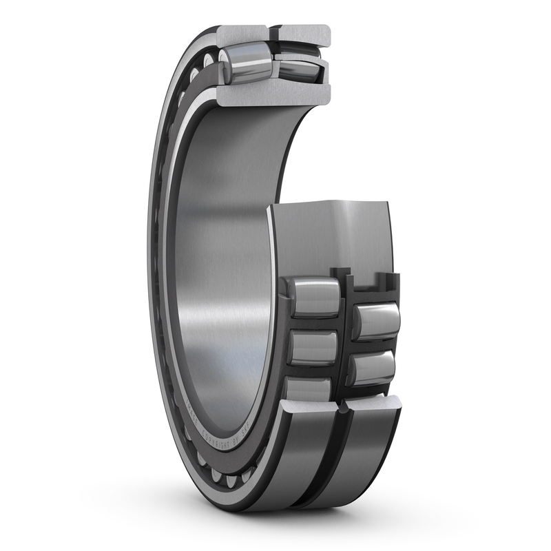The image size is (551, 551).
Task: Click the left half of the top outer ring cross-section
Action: (242, 34)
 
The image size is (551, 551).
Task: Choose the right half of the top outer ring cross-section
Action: (304, 33)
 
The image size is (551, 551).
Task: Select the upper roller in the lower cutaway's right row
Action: (376, 320)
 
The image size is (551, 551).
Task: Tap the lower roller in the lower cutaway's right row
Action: (373, 368)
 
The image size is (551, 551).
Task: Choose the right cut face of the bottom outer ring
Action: (375, 404)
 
